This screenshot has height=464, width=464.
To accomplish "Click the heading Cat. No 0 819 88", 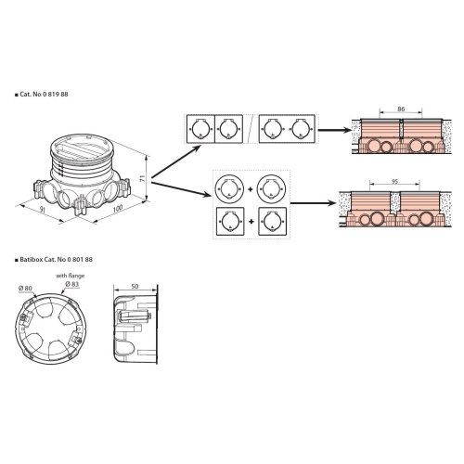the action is click(44, 95).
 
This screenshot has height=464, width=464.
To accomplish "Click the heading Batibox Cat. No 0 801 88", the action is click(56, 259).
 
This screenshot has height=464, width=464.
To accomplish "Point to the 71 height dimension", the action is click(143, 178).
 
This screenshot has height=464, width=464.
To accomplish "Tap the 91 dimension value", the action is click(43, 210).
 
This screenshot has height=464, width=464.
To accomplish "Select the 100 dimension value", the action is click(118, 209).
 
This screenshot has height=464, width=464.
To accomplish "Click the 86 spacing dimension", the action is click(401, 110).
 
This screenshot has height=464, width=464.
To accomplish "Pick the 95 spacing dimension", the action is click(394, 182).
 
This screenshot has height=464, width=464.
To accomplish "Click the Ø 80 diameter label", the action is click(25, 289).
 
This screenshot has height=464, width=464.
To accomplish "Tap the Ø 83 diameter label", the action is click(72, 284).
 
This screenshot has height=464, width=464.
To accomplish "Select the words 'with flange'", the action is click(70, 276).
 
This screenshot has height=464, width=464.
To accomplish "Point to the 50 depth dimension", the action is click(135, 287).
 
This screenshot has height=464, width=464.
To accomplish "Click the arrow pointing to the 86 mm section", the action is click(335, 130).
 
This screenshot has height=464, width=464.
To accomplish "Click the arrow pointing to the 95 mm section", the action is click(314, 203).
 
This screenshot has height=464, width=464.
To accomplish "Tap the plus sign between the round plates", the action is click(251, 189).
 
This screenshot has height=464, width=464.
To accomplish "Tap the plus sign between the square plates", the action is click(251, 222).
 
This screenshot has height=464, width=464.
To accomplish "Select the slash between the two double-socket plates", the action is click(251, 129).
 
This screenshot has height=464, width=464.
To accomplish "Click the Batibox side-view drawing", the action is click(135, 325).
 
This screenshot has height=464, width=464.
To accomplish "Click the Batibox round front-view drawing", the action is click(51, 329).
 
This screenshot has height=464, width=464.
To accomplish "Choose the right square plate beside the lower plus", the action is click(272, 222).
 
